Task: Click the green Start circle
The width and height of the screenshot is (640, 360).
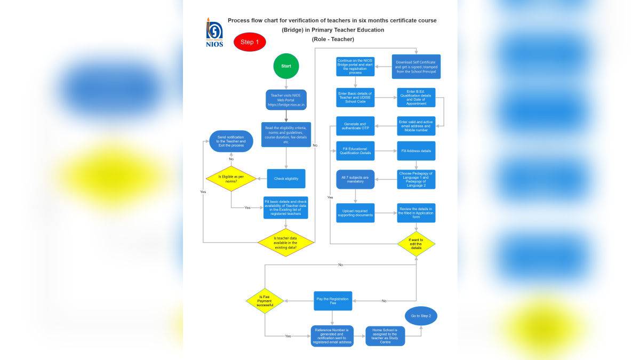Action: [286, 66]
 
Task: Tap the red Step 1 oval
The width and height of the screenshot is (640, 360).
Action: [250, 42]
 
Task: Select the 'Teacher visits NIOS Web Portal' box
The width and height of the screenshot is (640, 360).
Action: [286, 100]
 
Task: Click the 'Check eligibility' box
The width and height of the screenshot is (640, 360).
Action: [286, 179]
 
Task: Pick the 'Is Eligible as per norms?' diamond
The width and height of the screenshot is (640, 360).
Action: [231, 179]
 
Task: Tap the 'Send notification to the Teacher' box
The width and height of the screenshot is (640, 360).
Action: [231, 141]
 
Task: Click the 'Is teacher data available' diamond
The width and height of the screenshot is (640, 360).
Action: [286, 243]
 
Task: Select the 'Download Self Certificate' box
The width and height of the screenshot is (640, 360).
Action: [416, 67]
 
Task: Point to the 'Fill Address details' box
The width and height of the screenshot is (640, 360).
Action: [416, 151]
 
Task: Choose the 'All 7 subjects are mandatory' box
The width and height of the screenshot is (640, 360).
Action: [355, 179]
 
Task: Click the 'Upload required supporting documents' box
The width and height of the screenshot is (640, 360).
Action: [355, 213]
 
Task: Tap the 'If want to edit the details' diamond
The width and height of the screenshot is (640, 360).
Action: [416, 244]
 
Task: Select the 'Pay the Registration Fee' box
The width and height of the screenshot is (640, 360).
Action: [332, 301]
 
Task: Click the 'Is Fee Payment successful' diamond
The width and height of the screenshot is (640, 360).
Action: [265, 301]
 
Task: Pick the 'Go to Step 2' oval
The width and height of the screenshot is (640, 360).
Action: [421, 316]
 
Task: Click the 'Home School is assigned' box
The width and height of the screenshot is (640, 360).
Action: [385, 336]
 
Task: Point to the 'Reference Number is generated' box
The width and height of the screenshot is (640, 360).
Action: [332, 336]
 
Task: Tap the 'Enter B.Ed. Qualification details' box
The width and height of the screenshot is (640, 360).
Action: [416, 98]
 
